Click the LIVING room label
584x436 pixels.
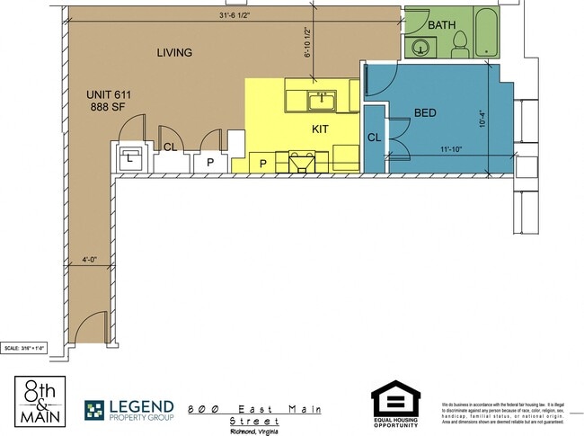pos(174,53)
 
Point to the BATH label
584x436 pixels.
pos(442,24)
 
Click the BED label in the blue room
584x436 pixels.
pos(425,113)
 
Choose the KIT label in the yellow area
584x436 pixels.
pos(320,129)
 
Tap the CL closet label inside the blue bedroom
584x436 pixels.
pos(374,138)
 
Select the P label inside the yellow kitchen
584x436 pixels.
pos(263,163)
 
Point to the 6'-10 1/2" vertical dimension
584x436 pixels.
pos(307,41)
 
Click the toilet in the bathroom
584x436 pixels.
pos(460,40)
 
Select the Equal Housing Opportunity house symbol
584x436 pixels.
pos(395,400)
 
